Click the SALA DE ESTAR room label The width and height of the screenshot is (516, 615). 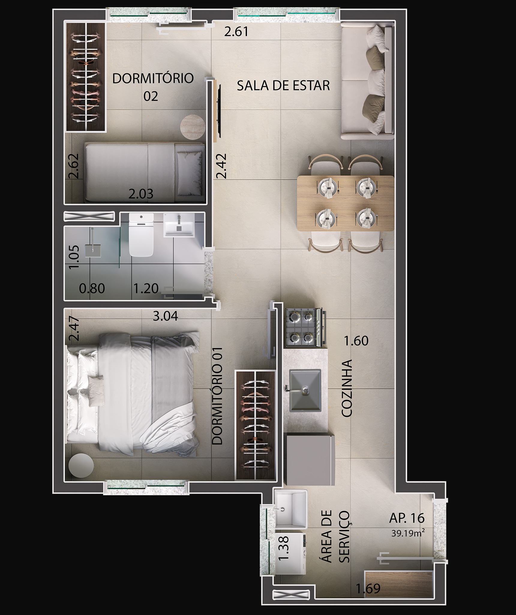coord(283,86)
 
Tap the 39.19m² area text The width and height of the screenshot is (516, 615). coord(408,533)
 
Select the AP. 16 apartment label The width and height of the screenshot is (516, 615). coord(407,518)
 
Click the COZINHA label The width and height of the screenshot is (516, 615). coord(347,388)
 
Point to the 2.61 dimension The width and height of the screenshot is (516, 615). coord(236,32)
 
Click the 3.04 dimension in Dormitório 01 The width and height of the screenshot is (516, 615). coord(165,316)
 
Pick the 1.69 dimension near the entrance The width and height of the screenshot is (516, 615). coord(368,589)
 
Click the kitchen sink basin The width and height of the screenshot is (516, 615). coord(305,390)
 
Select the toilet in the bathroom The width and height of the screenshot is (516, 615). coord(141,235)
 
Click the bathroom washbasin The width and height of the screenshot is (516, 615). coord(179,225)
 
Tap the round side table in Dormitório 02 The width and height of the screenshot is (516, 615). coord(193,127)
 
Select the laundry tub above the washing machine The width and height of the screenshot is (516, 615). coord(291,510)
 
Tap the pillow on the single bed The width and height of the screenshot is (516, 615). coord(189,173)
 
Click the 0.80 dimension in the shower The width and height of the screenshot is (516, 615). coord(92,289)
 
